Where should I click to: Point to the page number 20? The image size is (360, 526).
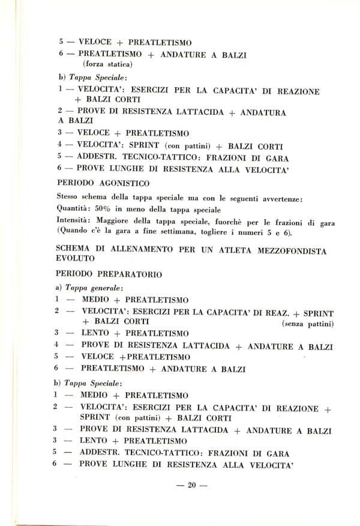point(192,486)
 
